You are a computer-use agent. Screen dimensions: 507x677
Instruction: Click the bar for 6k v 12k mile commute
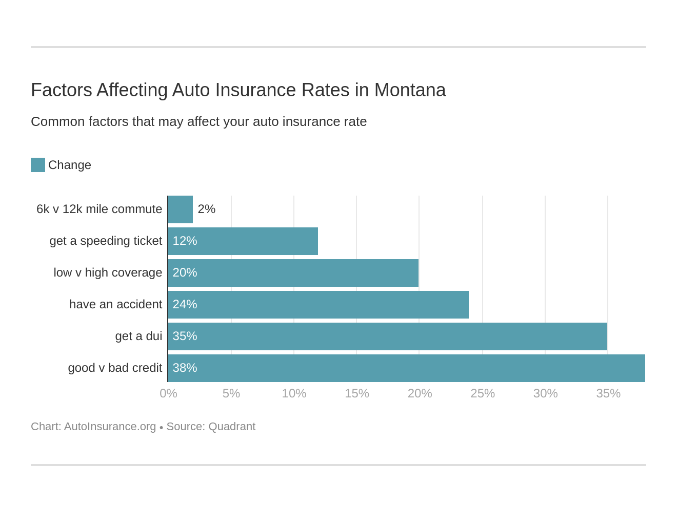click(x=181, y=209)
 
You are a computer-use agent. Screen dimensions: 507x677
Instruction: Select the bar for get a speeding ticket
click(x=243, y=241)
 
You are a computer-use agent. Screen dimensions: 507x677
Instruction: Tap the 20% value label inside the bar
click(x=185, y=272)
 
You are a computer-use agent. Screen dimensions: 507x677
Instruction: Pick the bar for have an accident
click(x=318, y=305)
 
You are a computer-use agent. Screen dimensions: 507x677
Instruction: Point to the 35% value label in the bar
click(x=185, y=336)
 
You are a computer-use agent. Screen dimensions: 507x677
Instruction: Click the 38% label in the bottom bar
click(x=185, y=368)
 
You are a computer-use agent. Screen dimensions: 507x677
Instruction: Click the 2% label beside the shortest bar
click(x=206, y=209)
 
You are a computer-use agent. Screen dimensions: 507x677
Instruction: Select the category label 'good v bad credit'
click(x=115, y=368)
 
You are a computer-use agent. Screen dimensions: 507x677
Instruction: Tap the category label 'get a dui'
click(x=138, y=336)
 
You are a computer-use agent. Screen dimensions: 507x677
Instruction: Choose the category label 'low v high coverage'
click(x=108, y=272)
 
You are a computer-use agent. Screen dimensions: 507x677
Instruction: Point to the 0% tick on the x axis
click(x=168, y=393)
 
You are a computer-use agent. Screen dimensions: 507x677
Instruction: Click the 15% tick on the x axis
click(x=357, y=393)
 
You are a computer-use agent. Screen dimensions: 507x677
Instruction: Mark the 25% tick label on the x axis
click(x=483, y=393)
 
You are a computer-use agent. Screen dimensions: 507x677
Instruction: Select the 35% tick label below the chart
click(x=608, y=393)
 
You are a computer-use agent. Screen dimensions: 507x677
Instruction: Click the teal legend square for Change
click(x=38, y=165)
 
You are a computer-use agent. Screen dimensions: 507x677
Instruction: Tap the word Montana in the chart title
click(x=410, y=90)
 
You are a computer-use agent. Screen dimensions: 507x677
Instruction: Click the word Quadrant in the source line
click(x=232, y=427)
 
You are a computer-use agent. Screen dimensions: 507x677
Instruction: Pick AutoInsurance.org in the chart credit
click(x=110, y=427)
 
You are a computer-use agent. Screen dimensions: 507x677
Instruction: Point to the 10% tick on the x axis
click(x=294, y=393)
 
